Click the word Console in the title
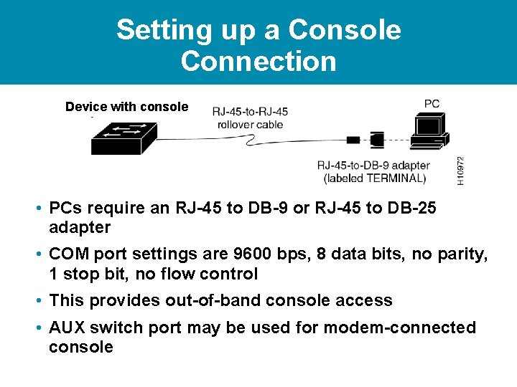coord(343,30)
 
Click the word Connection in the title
coord(258,61)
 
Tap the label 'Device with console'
coord(126,107)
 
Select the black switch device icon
coord(124,138)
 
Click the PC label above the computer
coord(432,103)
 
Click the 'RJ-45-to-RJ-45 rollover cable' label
coord(250,118)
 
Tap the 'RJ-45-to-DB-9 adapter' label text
coord(373,166)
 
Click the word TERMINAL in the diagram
coord(395,178)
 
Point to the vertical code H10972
coord(460,171)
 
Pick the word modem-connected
coord(399,328)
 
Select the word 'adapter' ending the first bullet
coord(79,228)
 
